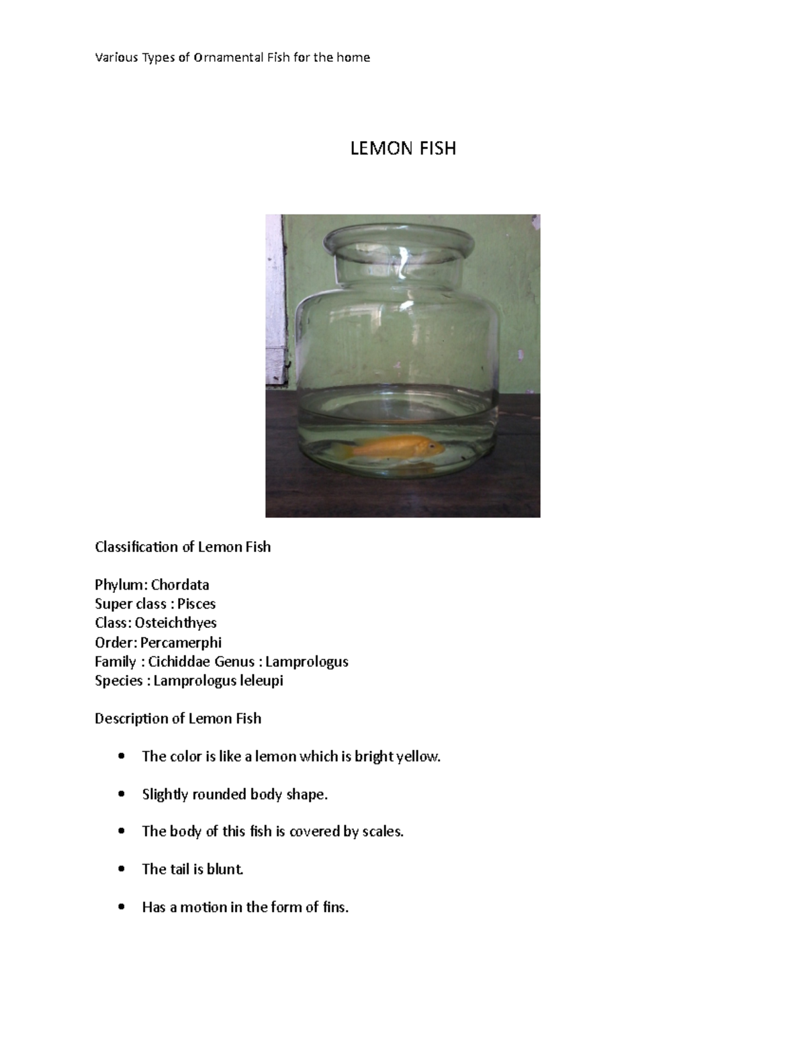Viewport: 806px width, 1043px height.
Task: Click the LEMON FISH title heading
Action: click(x=403, y=148)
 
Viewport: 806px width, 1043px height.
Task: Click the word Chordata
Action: click(x=180, y=585)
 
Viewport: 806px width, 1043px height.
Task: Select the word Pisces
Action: click(x=196, y=604)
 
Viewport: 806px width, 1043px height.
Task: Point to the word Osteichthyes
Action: click(x=176, y=623)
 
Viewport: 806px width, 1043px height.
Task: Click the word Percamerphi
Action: click(x=181, y=642)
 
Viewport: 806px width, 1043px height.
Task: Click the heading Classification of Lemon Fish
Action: click(x=183, y=547)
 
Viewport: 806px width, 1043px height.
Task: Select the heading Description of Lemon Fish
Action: click(x=178, y=719)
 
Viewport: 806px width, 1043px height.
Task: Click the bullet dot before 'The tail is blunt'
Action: click(x=121, y=869)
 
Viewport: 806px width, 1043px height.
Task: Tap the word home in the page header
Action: click(x=353, y=58)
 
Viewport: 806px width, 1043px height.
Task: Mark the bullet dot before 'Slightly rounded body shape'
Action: click(x=121, y=795)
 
